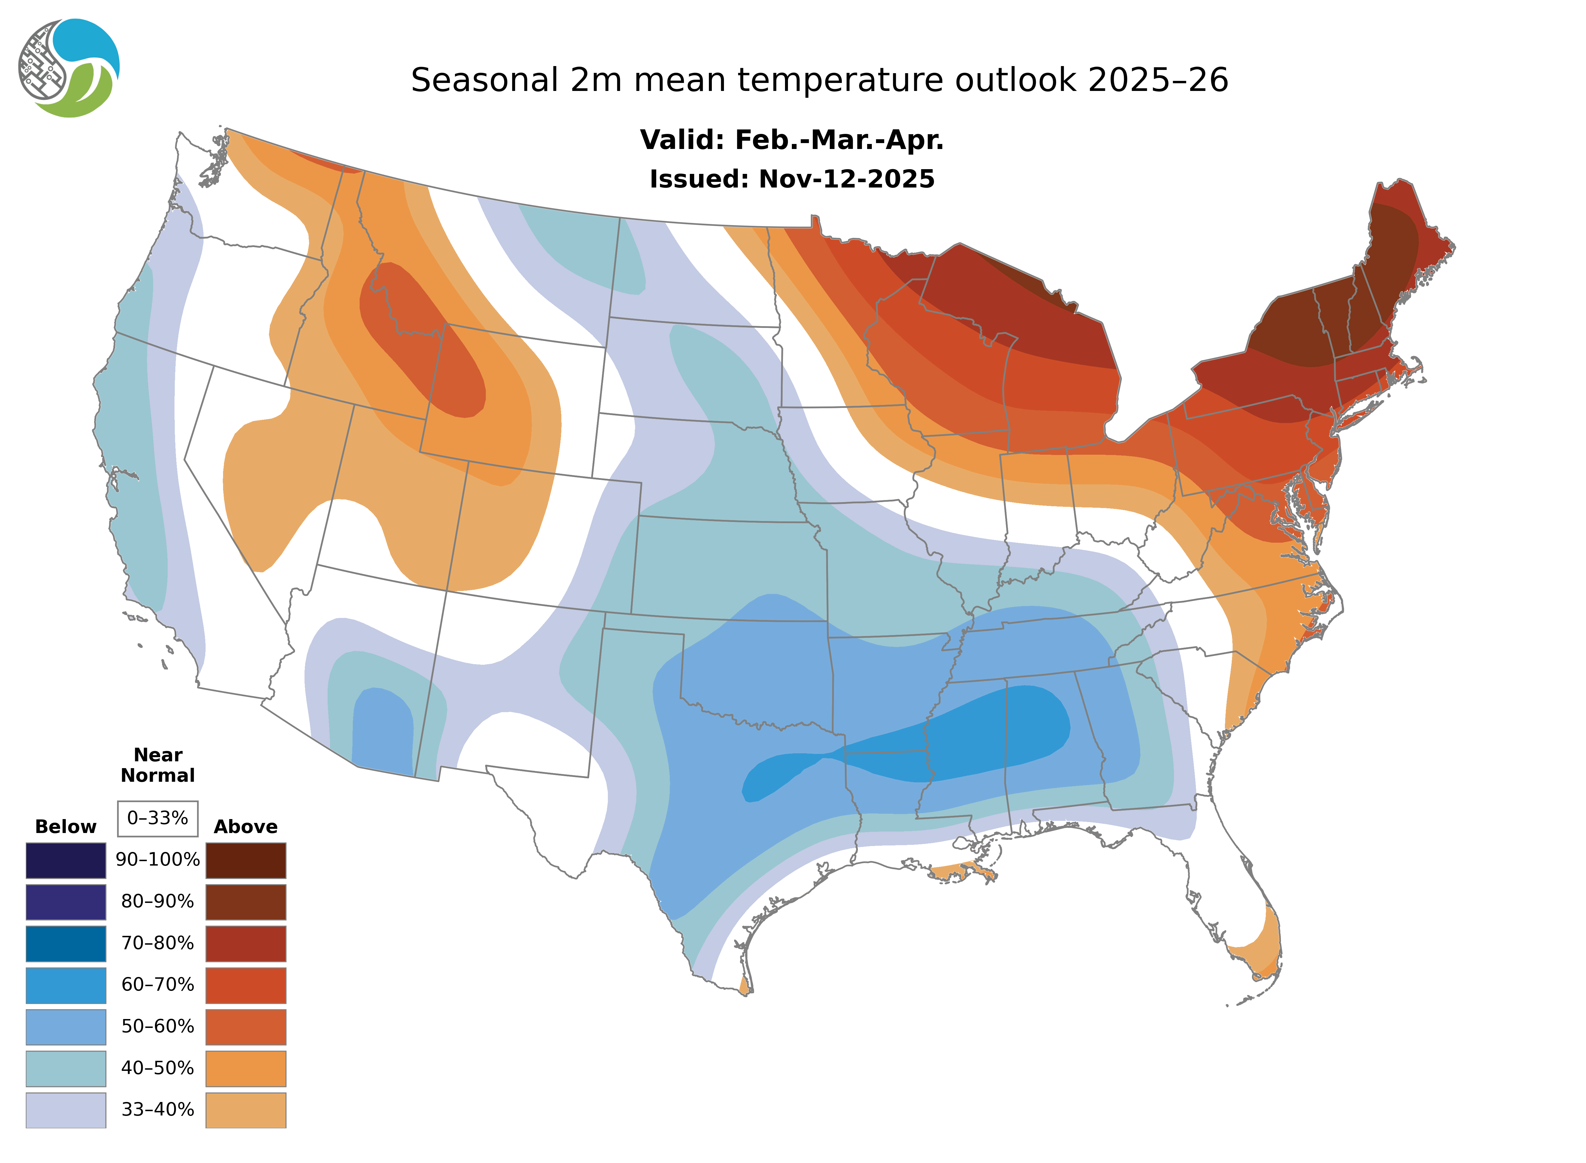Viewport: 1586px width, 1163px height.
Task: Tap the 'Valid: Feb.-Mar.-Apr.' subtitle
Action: click(791, 140)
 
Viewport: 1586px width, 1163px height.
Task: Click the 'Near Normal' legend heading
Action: click(158, 765)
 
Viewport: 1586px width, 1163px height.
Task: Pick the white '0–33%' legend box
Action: click(158, 818)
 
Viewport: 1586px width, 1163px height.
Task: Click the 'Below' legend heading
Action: click(65, 826)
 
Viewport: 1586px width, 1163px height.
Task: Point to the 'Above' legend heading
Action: click(246, 826)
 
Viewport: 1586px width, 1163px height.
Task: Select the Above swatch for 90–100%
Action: click(246, 860)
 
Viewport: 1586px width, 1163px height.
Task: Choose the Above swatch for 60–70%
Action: click(246, 985)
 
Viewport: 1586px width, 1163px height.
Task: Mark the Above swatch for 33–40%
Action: click(246, 1109)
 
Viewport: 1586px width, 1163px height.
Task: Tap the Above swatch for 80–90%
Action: click(246, 902)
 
